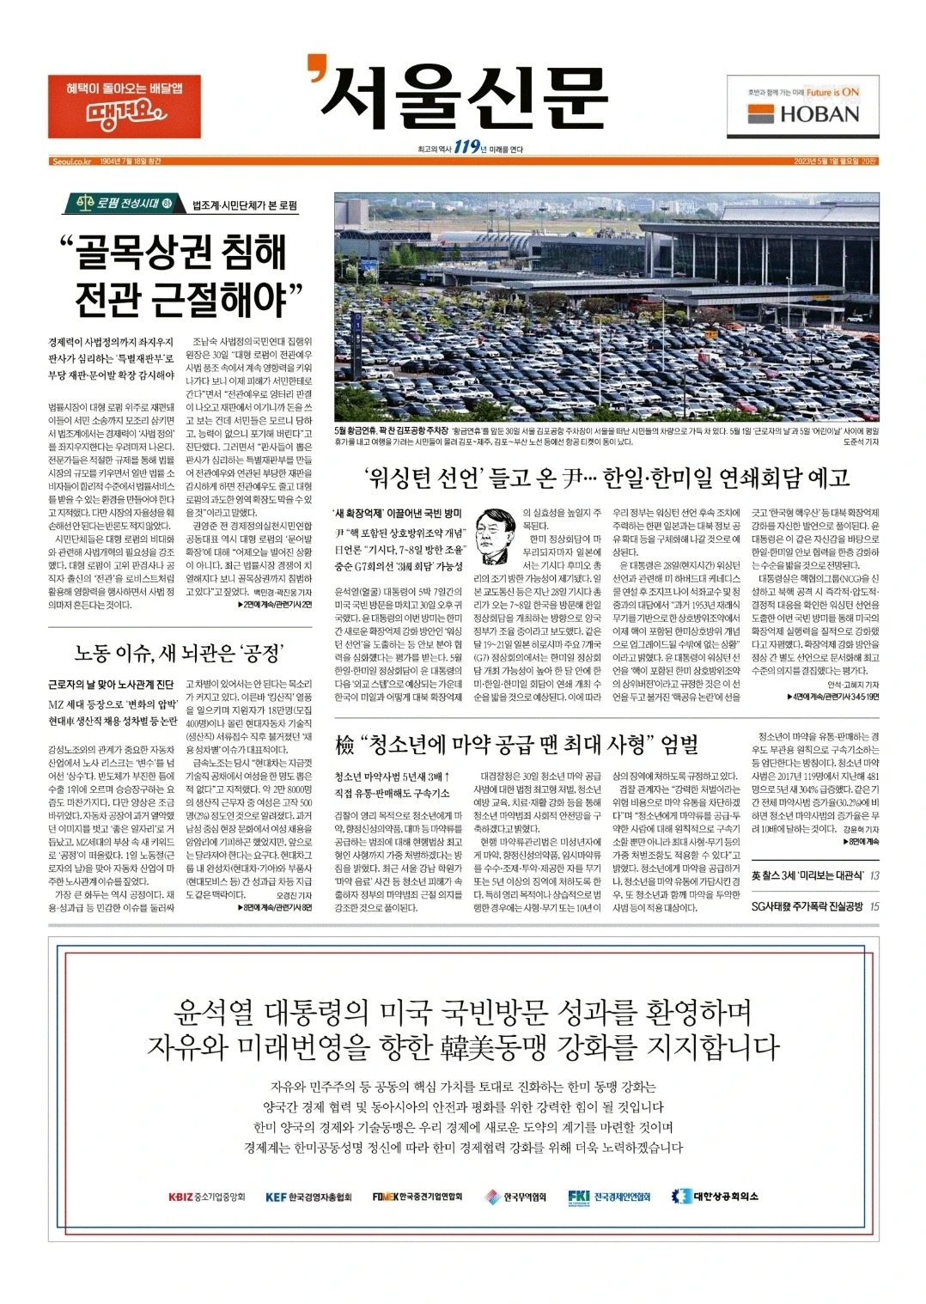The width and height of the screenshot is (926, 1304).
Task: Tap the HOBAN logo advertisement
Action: (x=803, y=107)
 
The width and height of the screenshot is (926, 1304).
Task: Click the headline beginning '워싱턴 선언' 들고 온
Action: (x=606, y=478)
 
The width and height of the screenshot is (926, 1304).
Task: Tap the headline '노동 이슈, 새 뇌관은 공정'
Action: (x=180, y=653)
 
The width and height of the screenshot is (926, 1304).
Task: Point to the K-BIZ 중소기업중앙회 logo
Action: (x=207, y=1197)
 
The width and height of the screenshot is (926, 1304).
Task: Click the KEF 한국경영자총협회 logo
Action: (x=308, y=1197)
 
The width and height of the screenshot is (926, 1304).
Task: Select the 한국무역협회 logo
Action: (x=515, y=1197)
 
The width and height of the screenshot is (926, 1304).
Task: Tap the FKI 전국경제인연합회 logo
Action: (x=609, y=1197)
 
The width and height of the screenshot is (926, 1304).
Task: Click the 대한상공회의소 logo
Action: (x=715, y=1197)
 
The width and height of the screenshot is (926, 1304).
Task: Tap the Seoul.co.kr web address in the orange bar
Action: (x=71, y=161)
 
